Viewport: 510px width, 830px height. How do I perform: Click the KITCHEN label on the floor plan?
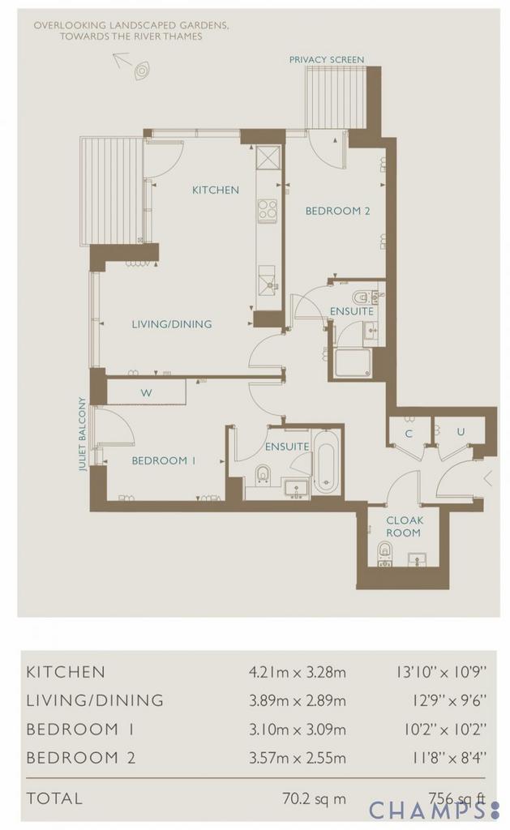(x=215, y=190)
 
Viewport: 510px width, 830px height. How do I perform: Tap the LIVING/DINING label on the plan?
(x=172, y=324)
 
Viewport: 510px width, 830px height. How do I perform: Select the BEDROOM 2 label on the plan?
(x=337, y=211)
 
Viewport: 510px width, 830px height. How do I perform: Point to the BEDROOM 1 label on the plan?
(x=164, y=460)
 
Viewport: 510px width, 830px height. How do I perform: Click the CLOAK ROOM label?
(x=404, y=527)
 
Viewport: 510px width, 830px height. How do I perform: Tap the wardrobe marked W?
(x=146, y=392)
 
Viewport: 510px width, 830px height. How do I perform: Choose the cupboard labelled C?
(x=409, y=434)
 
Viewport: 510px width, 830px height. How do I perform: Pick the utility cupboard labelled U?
(x=461, y=432)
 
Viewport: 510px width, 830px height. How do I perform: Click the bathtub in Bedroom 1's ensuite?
(x=326, y=464)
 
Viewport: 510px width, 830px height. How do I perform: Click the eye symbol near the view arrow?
(x=141, y=71)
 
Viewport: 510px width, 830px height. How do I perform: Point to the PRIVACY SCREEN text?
(x=327, y=60)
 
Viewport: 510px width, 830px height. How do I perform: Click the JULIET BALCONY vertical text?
(x=82, y=434)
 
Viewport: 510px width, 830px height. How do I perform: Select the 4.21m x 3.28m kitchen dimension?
(x=297, y=672)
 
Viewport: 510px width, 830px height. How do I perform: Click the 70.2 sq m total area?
(x=314, y=798)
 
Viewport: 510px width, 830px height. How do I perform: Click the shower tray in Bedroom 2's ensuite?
(x=354, y=363)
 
